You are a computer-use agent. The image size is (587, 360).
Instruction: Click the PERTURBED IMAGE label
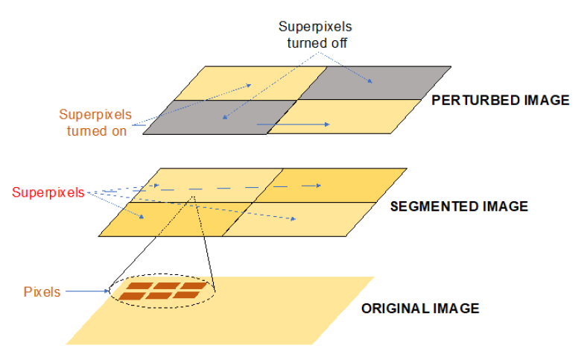[x=500, y=100]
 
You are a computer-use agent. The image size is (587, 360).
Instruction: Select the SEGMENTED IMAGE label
[x=459, y=206]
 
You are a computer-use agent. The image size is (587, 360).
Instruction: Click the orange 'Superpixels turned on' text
[x=95, y=123]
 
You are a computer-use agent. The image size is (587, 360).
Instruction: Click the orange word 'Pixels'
[x=42, y=291]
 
